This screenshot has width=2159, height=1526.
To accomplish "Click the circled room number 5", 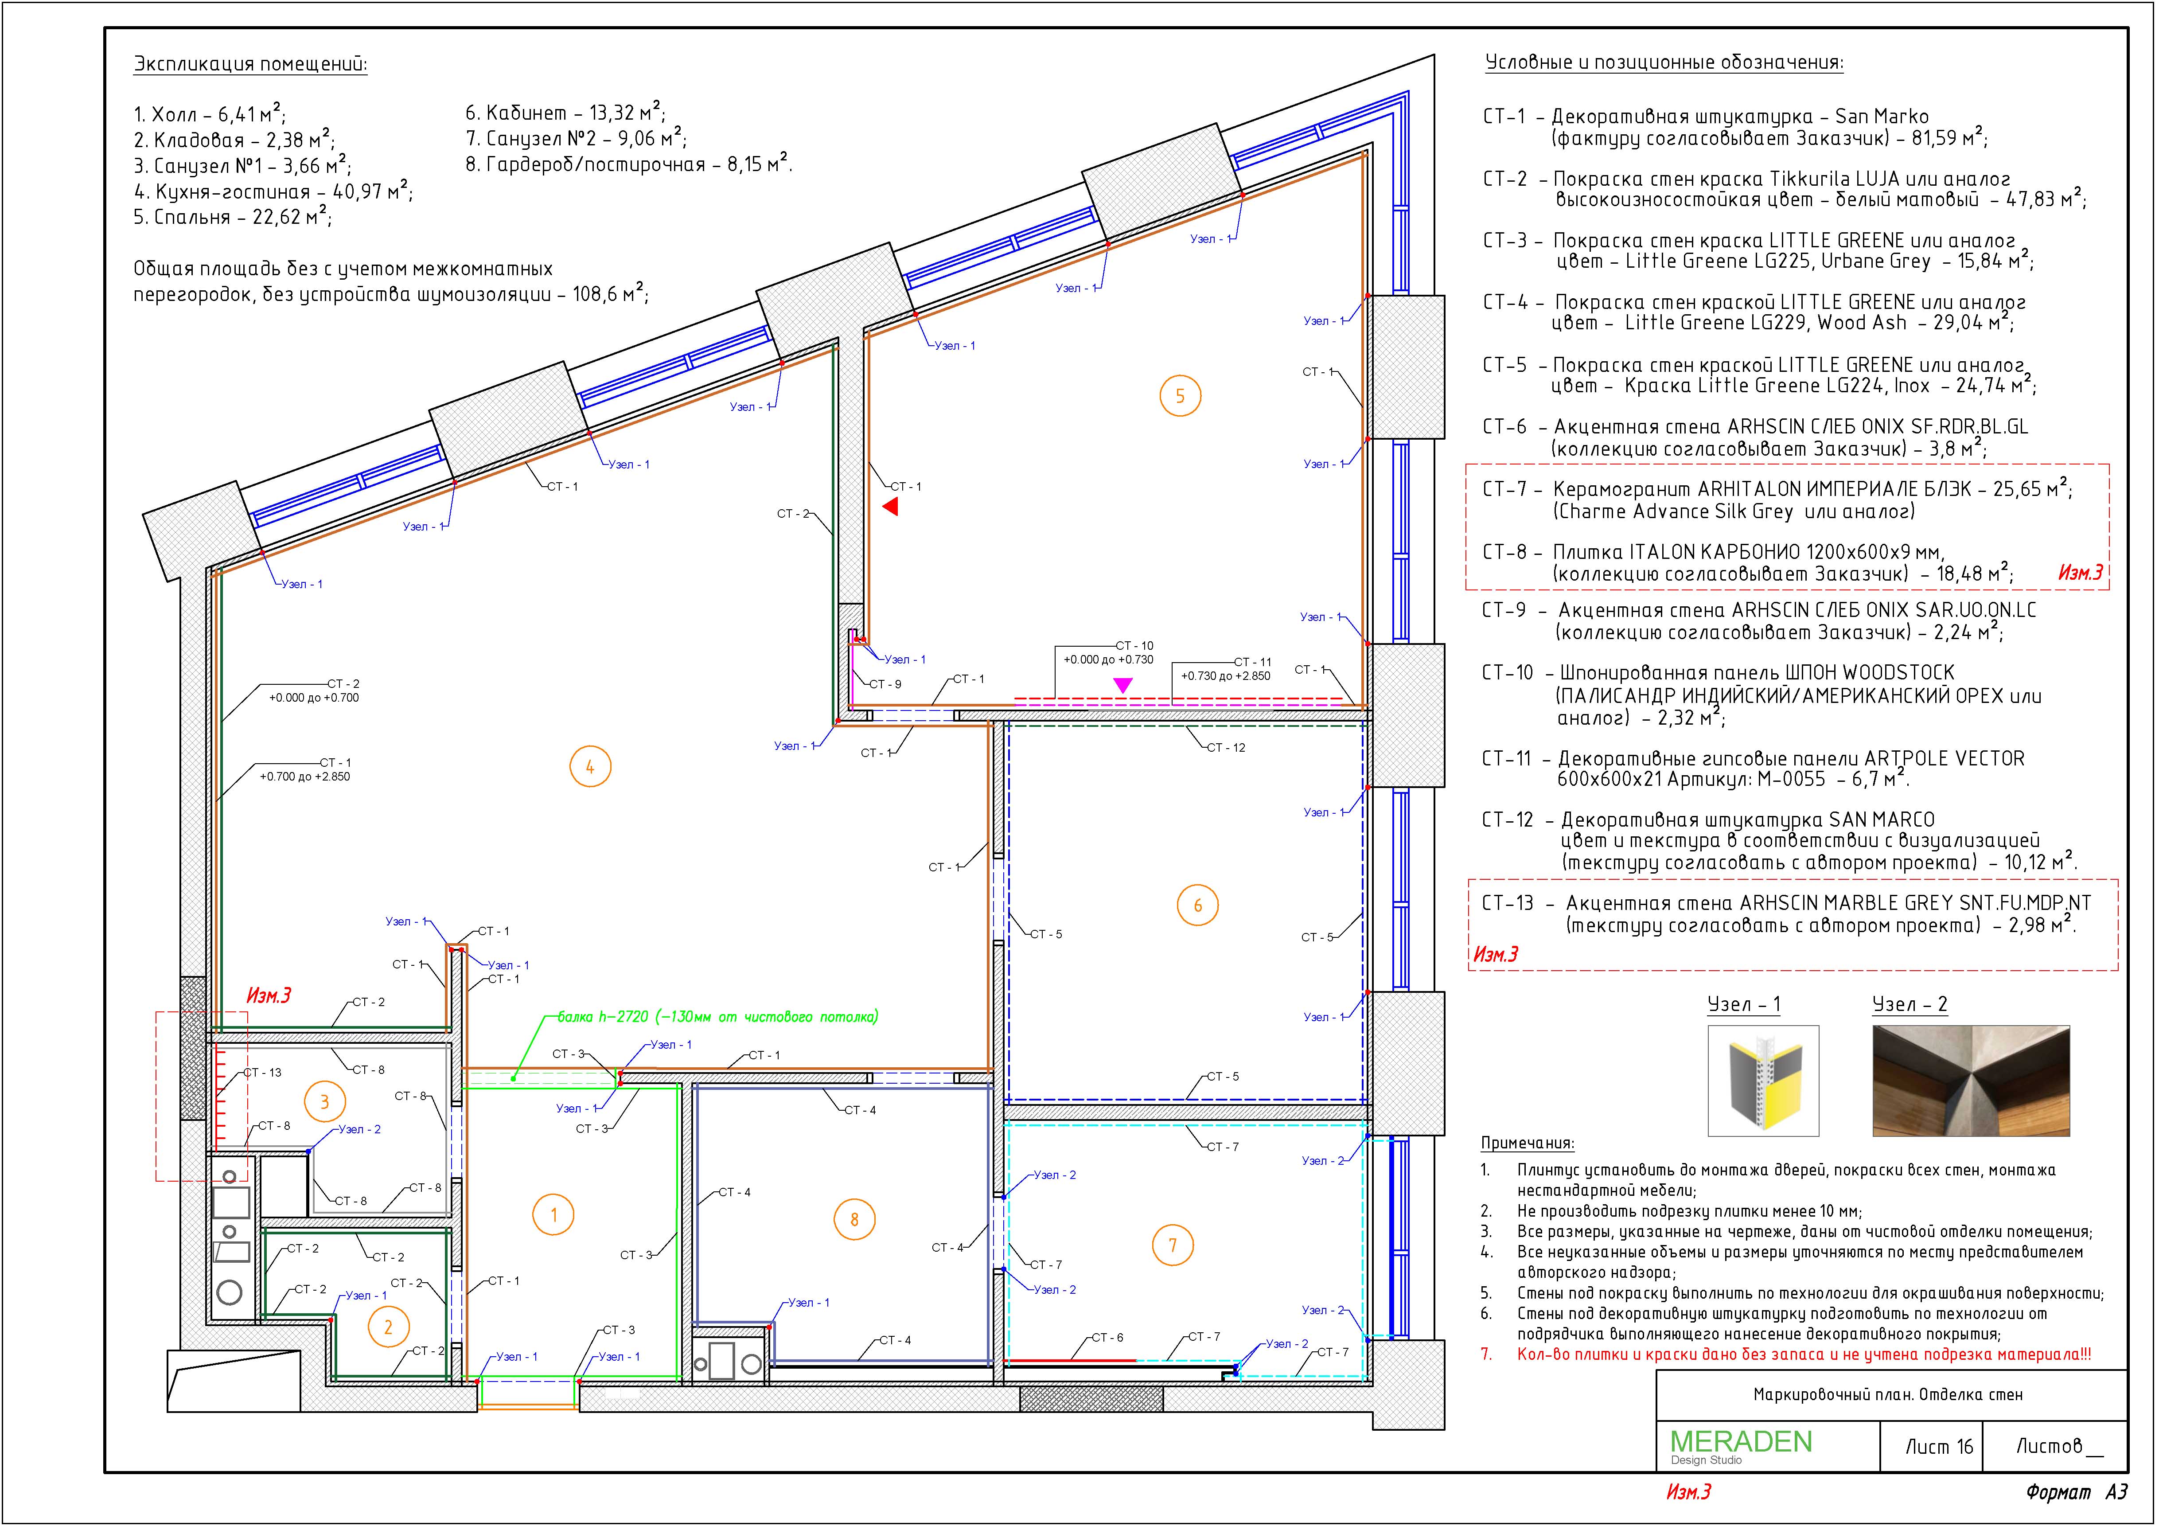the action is [1180, 396].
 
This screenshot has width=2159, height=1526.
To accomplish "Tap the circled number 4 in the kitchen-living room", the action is [589, 767].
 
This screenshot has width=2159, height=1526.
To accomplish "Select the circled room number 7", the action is [1173, 1246].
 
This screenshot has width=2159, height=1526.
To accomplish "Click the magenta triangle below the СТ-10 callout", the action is [1123, 685].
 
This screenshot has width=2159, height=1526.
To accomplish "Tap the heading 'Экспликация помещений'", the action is [250, 65].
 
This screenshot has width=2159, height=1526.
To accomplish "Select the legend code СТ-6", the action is [1505, 427].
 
